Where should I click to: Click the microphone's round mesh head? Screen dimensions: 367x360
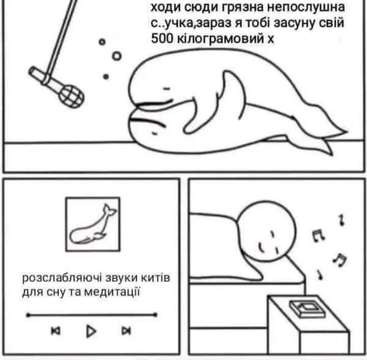[71, 96]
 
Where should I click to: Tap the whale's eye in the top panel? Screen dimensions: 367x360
[167, 89]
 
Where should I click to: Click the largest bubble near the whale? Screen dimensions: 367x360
[117, 56]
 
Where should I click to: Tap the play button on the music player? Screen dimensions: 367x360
[91, 331]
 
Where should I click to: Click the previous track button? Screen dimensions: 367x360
[56, 331]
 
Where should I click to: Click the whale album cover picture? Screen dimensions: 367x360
[93, 224]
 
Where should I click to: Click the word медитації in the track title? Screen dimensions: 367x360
[112, 292]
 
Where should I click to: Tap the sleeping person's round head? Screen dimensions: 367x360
[267, 230]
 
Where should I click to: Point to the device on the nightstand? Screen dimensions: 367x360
[307, 308]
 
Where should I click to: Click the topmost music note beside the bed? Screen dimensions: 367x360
[342, 220]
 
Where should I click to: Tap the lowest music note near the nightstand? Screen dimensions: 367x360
[320, 275]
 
